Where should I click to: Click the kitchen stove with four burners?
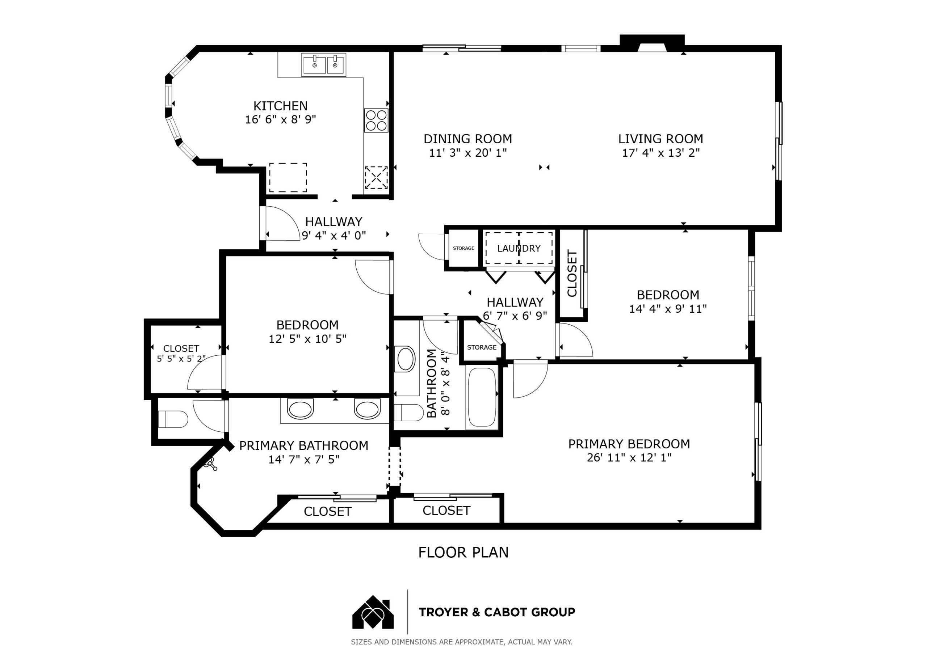click(376, 120)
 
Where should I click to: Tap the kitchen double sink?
click(324, 65)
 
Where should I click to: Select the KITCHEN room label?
click(280, 106)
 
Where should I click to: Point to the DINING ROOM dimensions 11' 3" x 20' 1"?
click(467, 153)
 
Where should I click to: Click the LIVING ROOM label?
click(660, 139)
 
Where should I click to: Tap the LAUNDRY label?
click(519, 248)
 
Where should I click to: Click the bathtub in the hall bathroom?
click(482, 397)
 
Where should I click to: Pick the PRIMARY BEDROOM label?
click(629, 444)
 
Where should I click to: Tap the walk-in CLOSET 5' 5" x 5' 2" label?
click(181, 353)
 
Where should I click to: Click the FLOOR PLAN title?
click(463, 552)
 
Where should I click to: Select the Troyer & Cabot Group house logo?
click(373, 612)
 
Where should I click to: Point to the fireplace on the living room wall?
click(652, 43)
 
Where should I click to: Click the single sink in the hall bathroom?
click(406, 359)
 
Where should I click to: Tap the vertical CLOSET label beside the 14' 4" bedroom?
click(572, 273)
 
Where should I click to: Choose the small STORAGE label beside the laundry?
click(463, 248)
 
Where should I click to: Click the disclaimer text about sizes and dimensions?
click(461, 642)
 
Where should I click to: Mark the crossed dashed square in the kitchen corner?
click(376, 178)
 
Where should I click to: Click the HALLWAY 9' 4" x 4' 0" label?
click(334, 228)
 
